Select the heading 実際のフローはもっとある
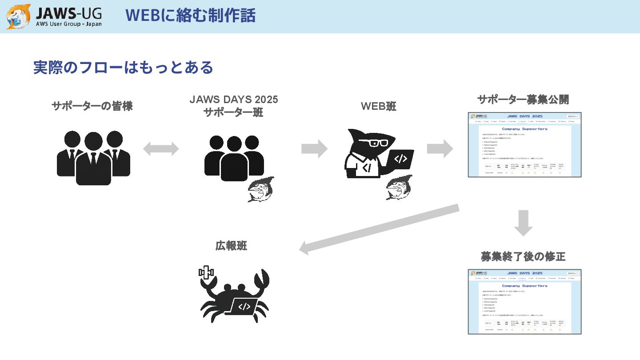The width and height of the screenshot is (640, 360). pyautogui.click(x=123, y=68)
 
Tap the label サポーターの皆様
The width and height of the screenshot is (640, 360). pyautogui.click(x=92, y=106)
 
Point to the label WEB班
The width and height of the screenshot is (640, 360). pyautogui.click(x=378, y=106)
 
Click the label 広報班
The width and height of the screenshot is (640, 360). pyautogui.click(x=231, y=246)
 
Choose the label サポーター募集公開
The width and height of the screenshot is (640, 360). pyautogui.click(x=523, y=100)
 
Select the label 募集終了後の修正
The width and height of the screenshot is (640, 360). pyautogui.click(x=523, y=256)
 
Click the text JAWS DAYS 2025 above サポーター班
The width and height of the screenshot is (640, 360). pyautogui.click(x=234, y=100)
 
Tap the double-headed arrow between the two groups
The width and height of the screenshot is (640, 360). pyautogui.click(x=161, y=149)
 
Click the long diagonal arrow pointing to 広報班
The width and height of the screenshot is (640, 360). pyautogui.click(x=379, y=229)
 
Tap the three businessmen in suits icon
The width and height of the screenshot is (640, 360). pyautogui.click(x=93, y=158)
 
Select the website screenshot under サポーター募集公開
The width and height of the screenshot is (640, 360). pyautogui.click(x=524, y=145)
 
